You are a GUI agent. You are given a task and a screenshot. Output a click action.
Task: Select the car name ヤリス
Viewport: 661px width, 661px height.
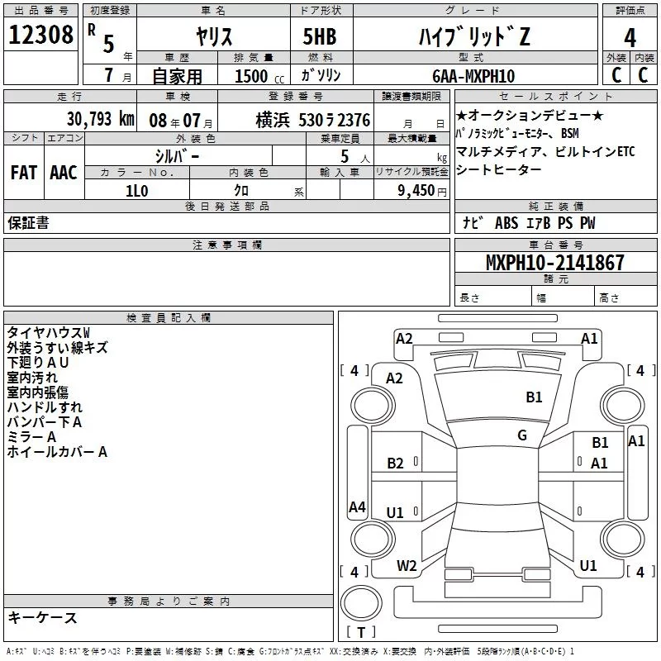pyautogui.click(x=213, y=36)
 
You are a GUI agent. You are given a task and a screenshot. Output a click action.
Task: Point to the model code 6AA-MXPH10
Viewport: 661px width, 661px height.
pyautogui.click(x=473, y=75)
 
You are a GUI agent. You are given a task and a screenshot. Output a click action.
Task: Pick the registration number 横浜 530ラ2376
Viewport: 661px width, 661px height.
pyautogui.click(x=312, y=120)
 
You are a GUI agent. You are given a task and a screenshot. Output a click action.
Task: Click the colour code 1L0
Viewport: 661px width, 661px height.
pyautogui.click(x=136, y=190)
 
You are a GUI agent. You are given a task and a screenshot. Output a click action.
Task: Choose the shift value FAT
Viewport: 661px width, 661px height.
pyautogui.click(x=23, y=172)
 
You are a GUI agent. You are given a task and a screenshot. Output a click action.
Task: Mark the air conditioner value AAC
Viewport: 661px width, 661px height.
pyautogui.click(x=64, y=172)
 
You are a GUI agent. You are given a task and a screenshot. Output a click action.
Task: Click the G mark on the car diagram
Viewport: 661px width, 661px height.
pyautogui.click(x=522, y=435)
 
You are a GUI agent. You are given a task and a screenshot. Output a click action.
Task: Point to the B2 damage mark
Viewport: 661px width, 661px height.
pyautogui.click(x=396, y=464)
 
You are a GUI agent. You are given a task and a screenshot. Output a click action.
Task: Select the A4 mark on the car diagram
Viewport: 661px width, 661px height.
pyautogui.click(x=357, y=507)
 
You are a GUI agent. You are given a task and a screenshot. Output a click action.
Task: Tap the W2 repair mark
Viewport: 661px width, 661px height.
pyautogui.click(x=407, y=566)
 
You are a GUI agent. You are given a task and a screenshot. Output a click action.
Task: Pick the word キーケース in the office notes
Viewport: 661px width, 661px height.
pyautogui.click(x=42, y=618)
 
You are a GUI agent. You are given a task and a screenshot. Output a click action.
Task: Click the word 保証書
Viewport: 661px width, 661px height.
pyautogui.click(x=28, y=223)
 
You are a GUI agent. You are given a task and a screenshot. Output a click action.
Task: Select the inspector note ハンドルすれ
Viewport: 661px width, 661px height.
pyautogui.click(x=45, y=407)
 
